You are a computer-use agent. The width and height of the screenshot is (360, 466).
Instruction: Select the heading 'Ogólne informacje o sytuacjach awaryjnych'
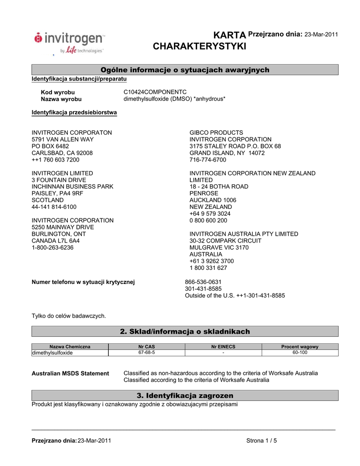185,70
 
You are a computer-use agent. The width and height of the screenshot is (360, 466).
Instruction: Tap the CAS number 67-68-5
147,353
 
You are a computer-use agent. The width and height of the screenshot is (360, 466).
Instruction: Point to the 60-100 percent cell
300,353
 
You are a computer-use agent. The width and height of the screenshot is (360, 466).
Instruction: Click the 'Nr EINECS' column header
223,347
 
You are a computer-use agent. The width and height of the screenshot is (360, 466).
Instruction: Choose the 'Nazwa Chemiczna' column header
70,347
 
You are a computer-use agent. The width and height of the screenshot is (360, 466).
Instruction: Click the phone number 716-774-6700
208,160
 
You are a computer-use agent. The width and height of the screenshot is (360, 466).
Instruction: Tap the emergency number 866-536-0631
203,282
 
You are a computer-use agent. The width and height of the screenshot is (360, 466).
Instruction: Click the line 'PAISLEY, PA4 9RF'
57,193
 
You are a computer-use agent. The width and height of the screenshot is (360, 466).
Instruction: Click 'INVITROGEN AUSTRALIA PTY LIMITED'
244,234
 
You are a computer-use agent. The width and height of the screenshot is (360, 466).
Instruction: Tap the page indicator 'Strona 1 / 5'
262,441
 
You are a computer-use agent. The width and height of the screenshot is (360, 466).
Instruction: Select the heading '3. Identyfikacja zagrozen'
185,395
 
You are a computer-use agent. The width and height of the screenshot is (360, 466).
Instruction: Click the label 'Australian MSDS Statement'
70,374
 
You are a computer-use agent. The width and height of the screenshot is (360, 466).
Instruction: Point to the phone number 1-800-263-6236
52,248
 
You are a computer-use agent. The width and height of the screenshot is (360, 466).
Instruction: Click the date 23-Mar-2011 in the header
321,35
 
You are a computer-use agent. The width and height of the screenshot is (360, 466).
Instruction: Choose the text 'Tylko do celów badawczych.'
68,316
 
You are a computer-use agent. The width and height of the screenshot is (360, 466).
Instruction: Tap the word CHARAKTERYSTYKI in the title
199,46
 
